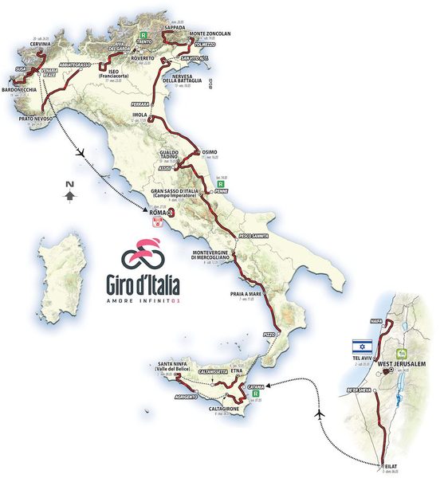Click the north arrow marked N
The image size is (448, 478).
pos(70,190)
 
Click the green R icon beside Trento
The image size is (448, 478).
pos(143,35)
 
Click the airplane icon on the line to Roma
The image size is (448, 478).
pos(80,151)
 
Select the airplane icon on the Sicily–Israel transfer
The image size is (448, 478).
pos(320,414)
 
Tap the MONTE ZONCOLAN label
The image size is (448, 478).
pos(210,33)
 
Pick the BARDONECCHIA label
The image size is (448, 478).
pos(18,90)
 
